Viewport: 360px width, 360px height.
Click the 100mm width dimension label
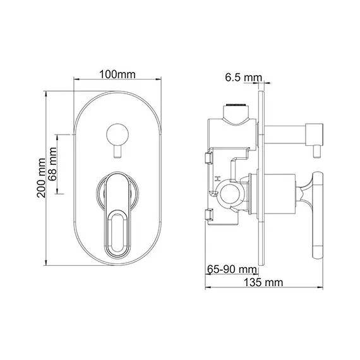tap(118, 74)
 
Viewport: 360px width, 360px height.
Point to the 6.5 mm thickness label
tap(243, 78)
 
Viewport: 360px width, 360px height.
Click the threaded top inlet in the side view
tap(234, 105)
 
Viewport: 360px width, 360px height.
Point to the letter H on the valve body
tap(218, 179)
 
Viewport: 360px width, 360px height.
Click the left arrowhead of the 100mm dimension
tap(76, 80)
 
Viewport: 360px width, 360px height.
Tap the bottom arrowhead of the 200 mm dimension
tap(50, 260)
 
